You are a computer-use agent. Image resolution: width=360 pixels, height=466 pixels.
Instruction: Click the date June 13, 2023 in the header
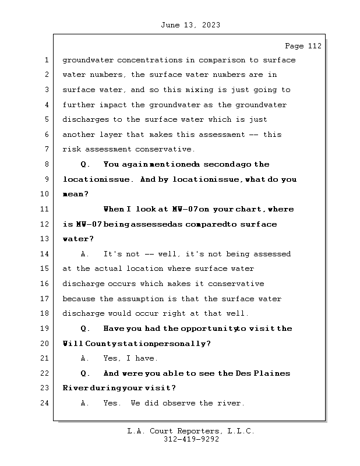(190, 25)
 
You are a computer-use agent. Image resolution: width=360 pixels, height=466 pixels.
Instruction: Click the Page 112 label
(303, 46)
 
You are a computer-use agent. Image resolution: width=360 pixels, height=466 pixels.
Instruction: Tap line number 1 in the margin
(46, 60)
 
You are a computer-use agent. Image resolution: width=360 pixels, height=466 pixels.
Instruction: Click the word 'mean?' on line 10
(74, 195)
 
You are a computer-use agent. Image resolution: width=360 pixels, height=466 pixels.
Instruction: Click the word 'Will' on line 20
(73, 344)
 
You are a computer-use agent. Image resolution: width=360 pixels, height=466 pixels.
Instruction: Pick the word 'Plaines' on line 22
(274, 373)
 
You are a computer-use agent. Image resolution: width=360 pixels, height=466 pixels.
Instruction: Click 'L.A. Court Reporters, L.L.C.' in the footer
(190, 431)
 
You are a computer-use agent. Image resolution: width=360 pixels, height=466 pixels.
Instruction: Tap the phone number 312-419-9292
(190, 440)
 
